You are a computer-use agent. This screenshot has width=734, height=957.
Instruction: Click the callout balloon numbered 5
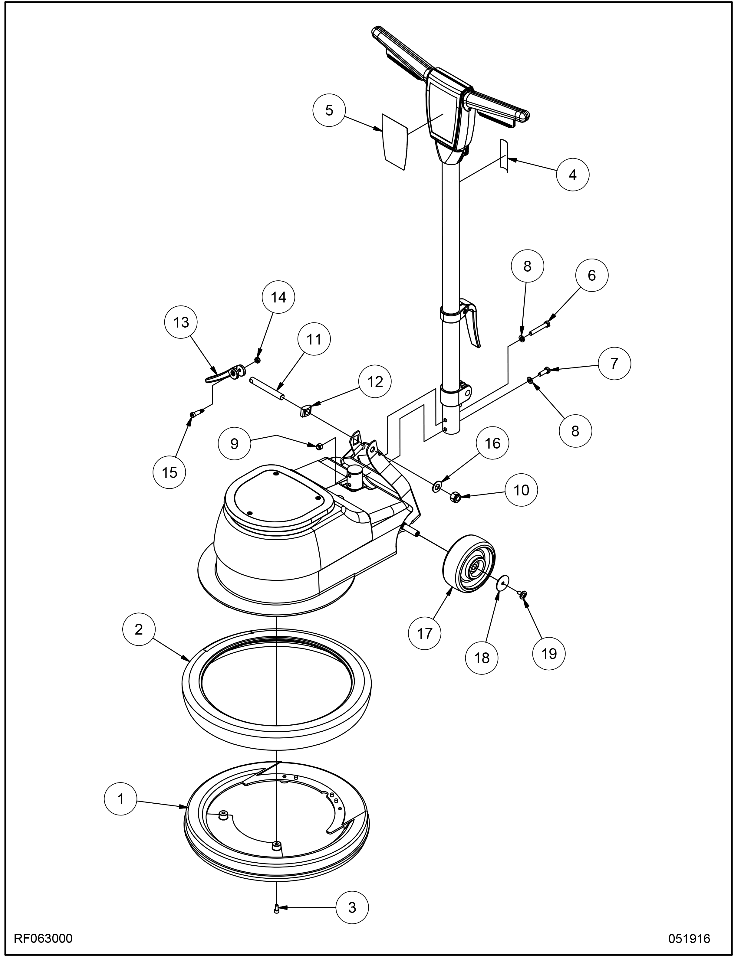pos(329,110)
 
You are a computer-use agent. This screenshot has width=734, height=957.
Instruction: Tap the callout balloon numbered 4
pos(573,175)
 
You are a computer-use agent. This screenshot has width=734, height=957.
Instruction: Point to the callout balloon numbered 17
pos(425,633)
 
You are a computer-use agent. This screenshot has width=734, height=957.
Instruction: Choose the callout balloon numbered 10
pos(521,490)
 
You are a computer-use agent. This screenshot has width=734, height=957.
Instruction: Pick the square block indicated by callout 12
pos(305,411)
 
